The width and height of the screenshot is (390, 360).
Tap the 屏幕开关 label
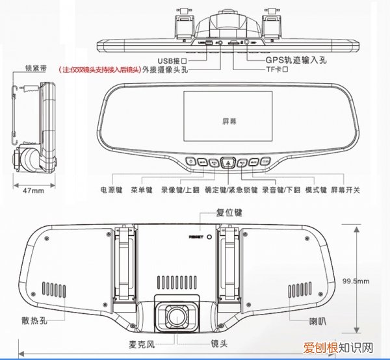tap(345, 190)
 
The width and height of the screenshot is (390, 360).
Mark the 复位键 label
tap(229, 212)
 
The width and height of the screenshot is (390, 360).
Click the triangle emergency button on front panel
tap(227, 162)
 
